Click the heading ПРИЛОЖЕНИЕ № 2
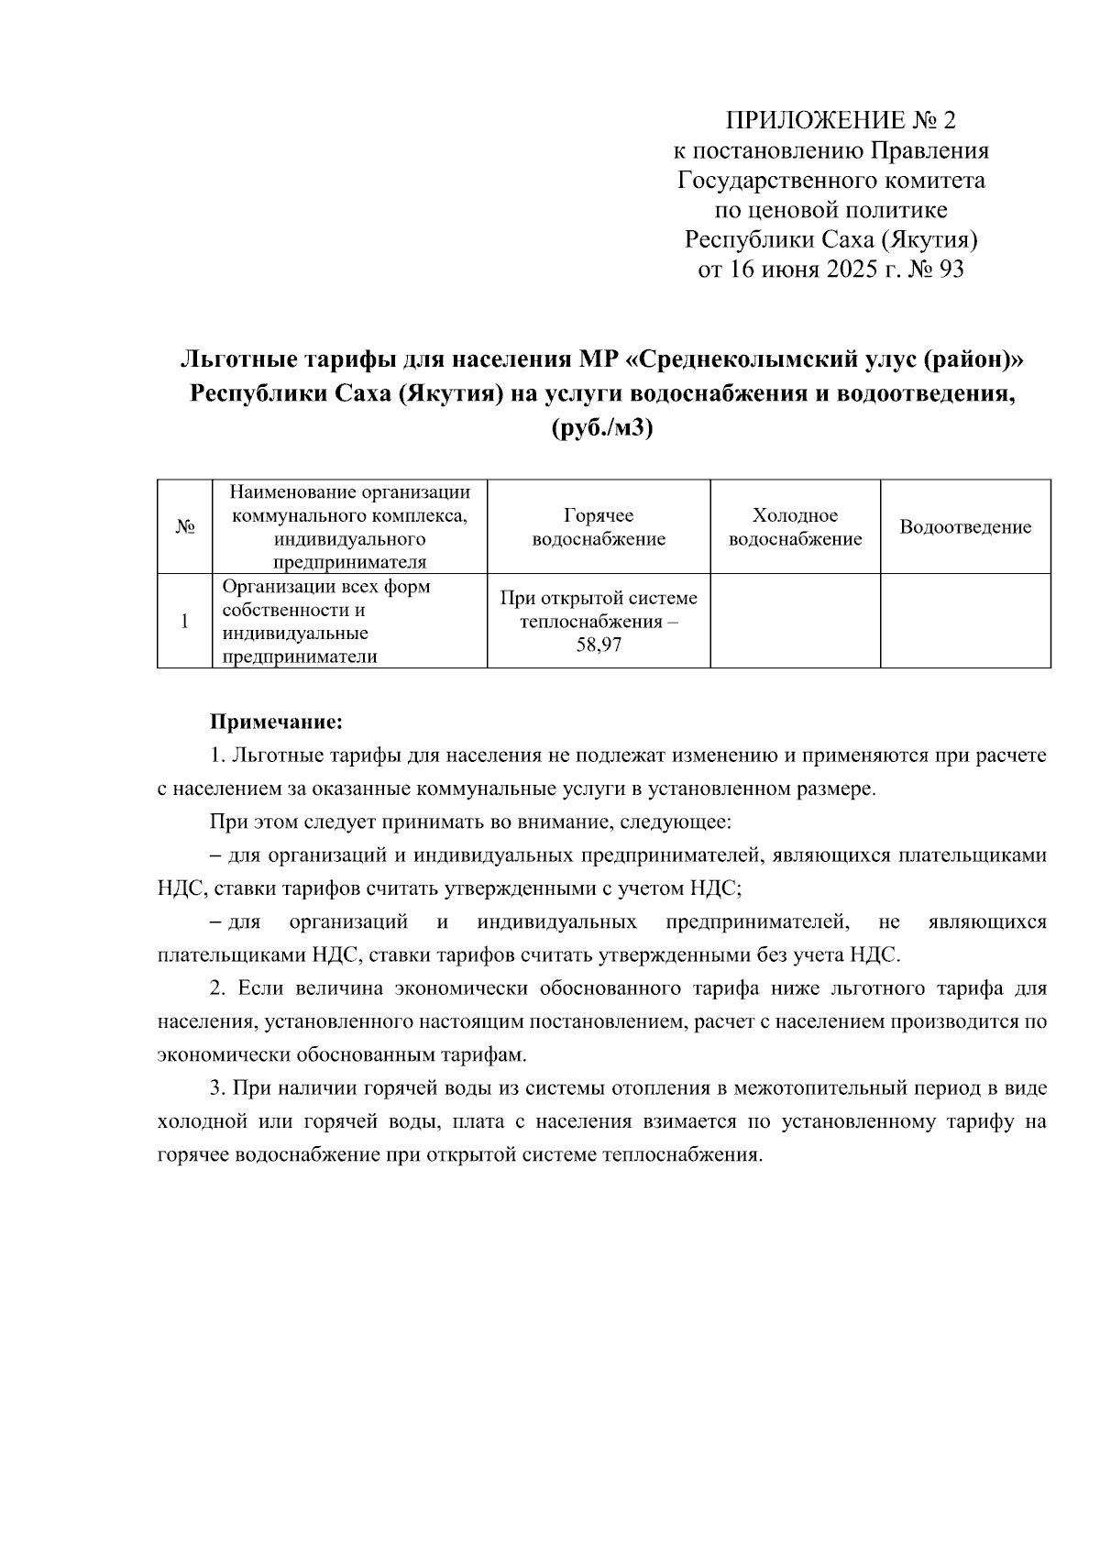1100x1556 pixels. tap(840, 120)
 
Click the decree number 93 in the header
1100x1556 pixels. tap(951, 270)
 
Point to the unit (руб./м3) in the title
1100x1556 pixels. tap(602, 428)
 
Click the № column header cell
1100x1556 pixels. tap(184, 527)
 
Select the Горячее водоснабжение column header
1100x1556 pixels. tap(599, 527)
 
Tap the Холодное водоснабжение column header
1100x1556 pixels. tap(795, 527)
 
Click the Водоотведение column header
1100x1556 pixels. tap(965, 527)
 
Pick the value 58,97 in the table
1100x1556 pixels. tap(599, 646)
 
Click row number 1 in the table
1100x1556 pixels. tap(184, 621)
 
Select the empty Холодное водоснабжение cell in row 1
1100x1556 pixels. tap(795, 621)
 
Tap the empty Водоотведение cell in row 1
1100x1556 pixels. tap(965, 621)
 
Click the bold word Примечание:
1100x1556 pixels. tap(277, 723)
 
